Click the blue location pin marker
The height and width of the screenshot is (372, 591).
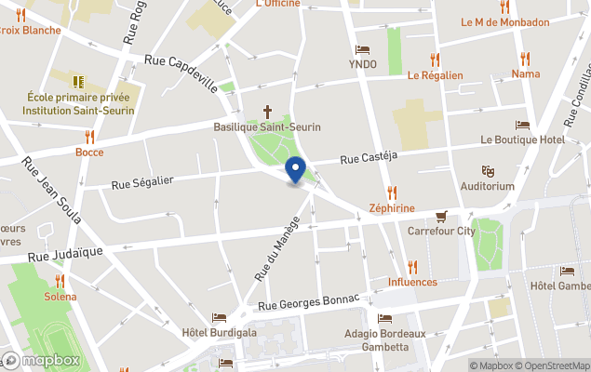point(296,171)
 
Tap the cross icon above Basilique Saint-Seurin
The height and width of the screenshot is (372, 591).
point(267,109)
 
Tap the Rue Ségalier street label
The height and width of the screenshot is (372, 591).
point(142,183)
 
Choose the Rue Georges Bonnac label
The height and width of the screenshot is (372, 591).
point(315,302)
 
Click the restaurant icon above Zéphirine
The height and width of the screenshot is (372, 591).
point(392,193)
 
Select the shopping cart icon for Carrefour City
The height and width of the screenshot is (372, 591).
point(441,215)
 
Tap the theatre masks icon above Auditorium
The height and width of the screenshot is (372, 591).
point(487,171)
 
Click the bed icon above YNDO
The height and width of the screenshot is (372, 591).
point(363,50)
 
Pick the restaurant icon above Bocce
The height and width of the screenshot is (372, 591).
point(89,137)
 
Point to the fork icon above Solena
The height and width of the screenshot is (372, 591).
point(60,280)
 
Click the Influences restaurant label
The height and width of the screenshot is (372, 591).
point(412,282)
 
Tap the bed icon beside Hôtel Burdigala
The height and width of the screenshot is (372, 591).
point(219,317)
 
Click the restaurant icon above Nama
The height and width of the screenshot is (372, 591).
point(525,58)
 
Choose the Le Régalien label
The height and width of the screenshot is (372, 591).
point(435,75)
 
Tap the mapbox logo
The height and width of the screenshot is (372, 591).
point(42,360)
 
